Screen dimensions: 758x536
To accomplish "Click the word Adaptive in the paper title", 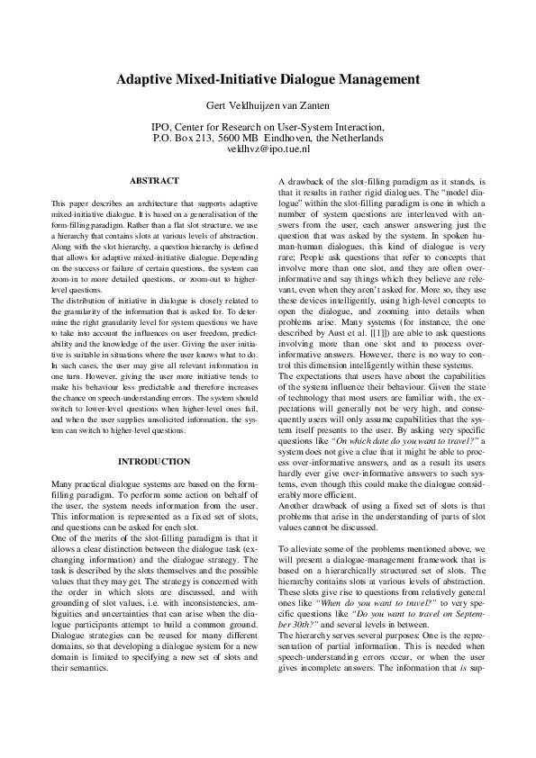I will pyautogui.click(x=146, y=79).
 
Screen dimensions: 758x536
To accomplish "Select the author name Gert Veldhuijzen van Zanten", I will pyautogui.click(x=268, y=106).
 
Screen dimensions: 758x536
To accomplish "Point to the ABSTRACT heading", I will pyautogui.click(x=154, y=181).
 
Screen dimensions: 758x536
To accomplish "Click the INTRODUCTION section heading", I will pyautogui.click(x=154, y=462).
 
